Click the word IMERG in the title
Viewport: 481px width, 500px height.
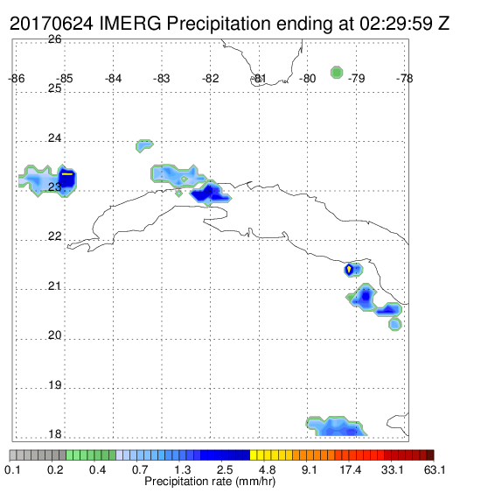click(x=130, y=24)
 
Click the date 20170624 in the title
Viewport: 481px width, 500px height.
click(x=52, y=24)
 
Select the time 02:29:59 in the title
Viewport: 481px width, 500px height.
click(x=396, y=24)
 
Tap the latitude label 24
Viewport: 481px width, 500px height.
click(x=54, y=138)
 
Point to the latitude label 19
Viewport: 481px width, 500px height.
click(x=54, y=385)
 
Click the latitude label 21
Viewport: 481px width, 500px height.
click(x=54, y=286)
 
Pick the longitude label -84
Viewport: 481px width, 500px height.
click(x=113, y=79)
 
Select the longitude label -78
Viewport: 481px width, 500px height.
click(x=404, y=79)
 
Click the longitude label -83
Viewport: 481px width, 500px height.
click(x=162, y=79)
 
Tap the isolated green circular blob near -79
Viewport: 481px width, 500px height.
click(x=337, y=73)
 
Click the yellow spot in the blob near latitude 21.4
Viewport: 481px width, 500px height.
click(x=349, y=269)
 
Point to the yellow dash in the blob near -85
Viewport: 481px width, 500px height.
click(x=67, y=174)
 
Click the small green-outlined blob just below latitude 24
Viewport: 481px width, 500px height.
click(x=144, y=145)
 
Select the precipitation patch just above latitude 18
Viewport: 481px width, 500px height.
click(x=336, y=426)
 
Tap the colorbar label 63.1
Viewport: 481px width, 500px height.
click(x=435, y=469)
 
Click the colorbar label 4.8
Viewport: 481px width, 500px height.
click(x=267, y=469)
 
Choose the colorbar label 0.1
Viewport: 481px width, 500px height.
click(x=13, y=469)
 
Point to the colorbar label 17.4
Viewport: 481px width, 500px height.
click(x=351, y=469)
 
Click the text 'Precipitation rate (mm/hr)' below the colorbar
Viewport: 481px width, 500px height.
click(x=210, y=482)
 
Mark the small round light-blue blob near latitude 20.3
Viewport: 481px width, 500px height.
click(x=395, y=324)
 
